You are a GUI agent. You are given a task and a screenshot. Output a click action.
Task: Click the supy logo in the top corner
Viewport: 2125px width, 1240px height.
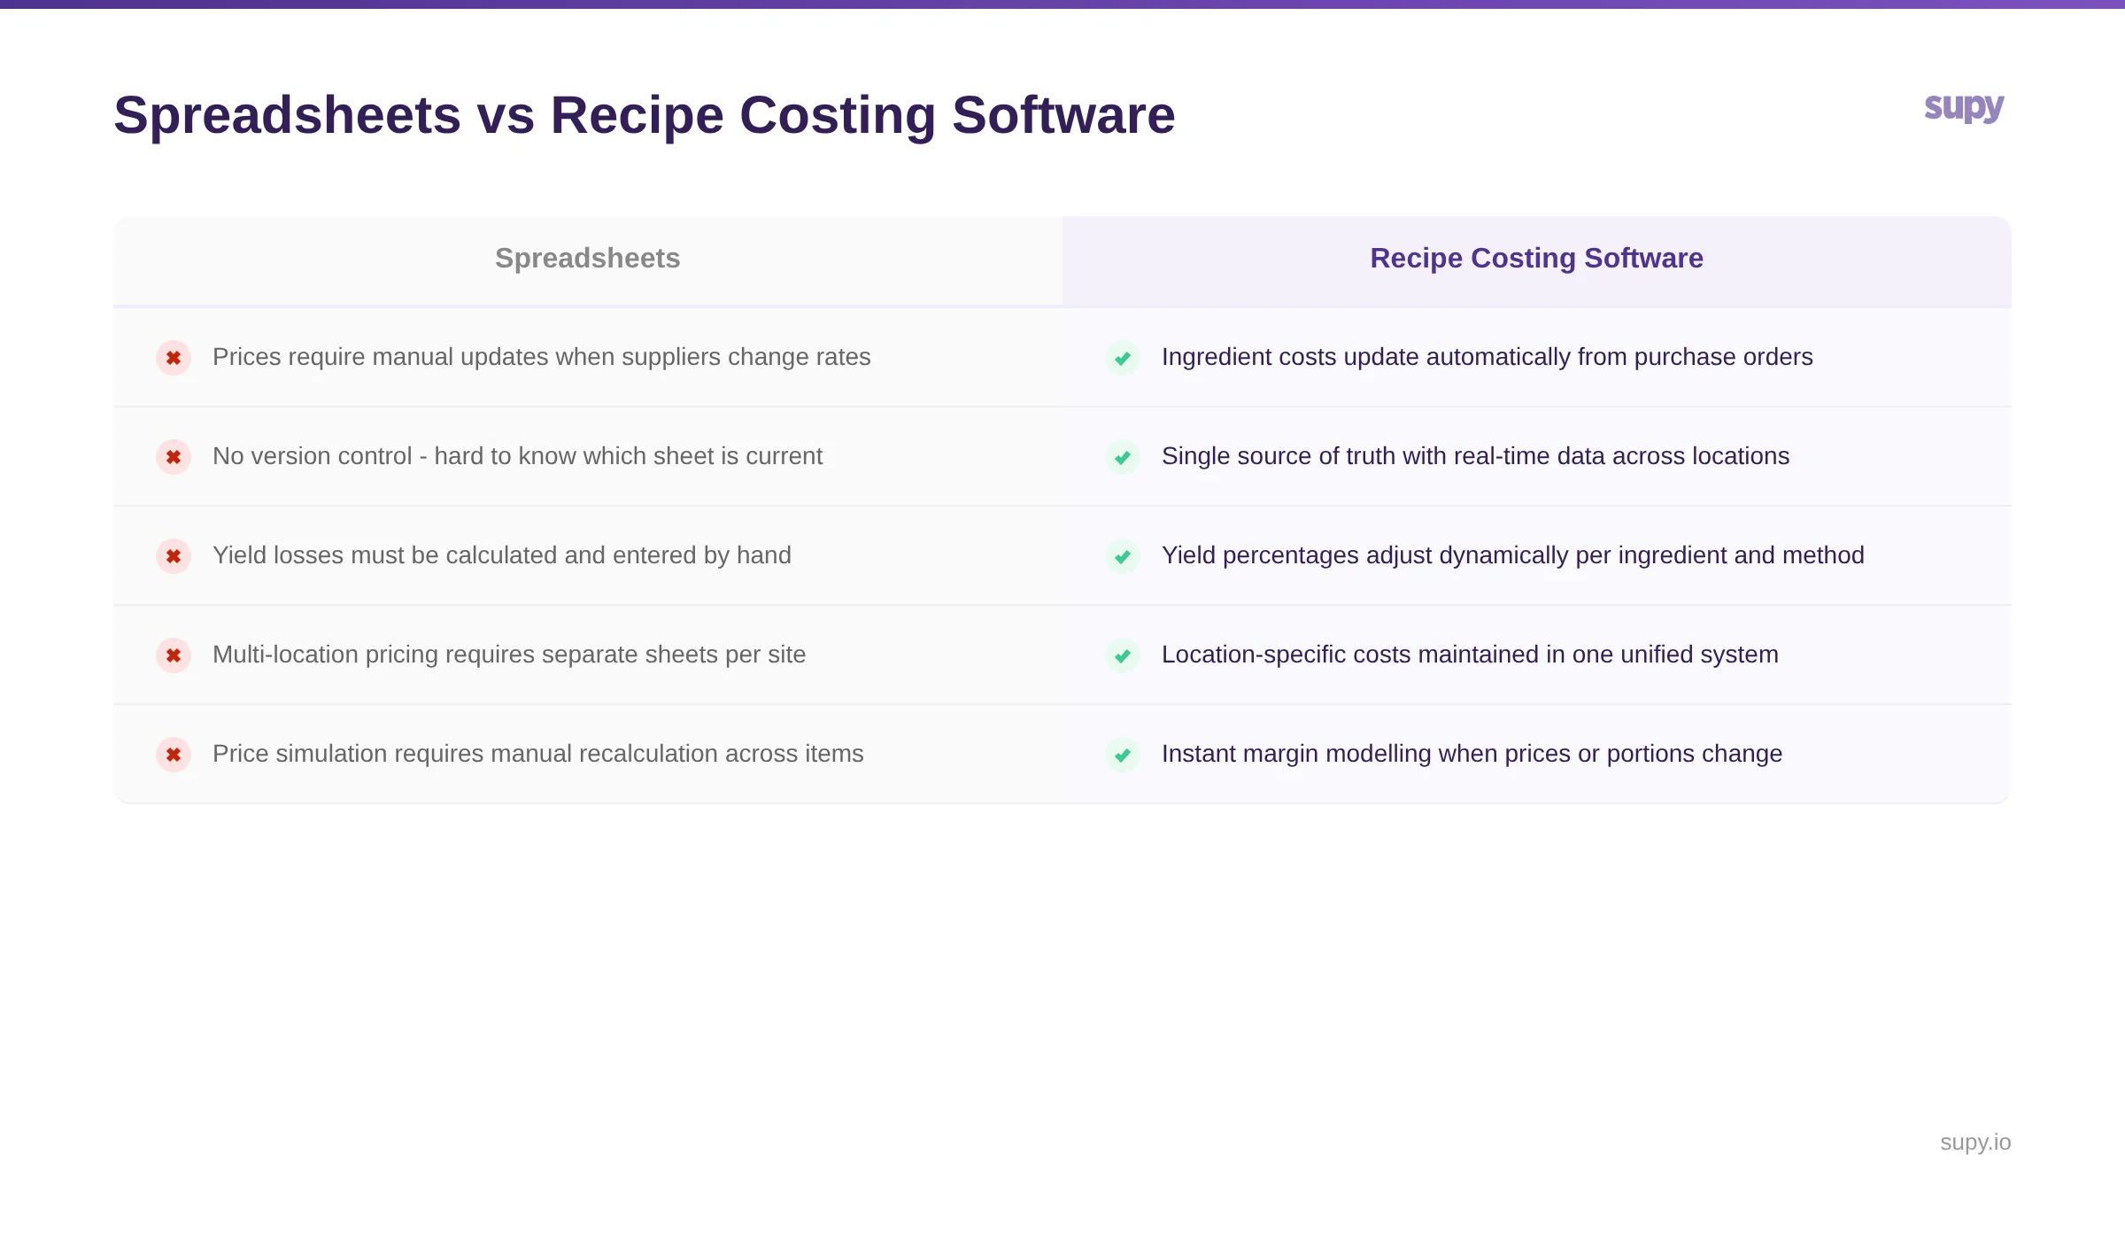[1964, 108]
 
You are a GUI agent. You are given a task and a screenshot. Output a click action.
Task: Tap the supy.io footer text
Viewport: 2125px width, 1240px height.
[1974, 1142]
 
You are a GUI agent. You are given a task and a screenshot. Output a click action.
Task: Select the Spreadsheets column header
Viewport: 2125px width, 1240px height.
[587, 258]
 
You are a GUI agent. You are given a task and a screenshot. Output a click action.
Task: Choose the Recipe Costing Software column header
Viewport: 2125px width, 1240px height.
[1536, 258]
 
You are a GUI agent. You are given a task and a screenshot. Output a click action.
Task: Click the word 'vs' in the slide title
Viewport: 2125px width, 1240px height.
[506, 115]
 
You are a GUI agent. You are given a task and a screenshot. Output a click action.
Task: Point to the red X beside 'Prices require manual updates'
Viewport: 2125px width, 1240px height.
[174, 358]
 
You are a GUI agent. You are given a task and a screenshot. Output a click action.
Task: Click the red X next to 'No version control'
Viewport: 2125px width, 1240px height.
[174, 457]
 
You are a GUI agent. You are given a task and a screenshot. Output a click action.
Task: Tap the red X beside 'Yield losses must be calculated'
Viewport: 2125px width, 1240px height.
[174, 556]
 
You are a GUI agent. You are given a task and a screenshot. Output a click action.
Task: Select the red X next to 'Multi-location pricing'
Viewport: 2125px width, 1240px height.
[174, 655]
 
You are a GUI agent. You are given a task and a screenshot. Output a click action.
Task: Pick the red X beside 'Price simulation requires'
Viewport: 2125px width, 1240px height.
[174, 755]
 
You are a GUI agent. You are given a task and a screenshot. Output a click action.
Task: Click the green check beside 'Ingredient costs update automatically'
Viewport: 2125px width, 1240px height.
[1123, 358]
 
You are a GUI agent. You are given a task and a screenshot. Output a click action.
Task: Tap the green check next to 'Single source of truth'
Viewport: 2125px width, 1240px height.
[1123, 457]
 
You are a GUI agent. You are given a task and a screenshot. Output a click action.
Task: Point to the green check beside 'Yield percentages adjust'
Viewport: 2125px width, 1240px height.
[1123, 556]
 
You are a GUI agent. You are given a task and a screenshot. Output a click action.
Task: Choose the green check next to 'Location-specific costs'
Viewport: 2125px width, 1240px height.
[1123, 655]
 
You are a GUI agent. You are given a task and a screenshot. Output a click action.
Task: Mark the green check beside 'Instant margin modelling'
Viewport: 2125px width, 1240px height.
[1123, 755]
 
